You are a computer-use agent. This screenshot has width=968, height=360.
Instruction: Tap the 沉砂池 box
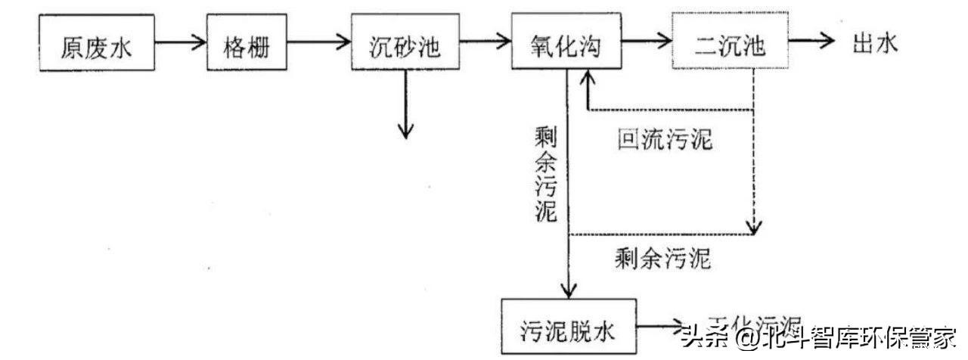click(406, 43)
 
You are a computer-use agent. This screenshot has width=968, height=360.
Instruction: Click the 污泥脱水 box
click(567, 329)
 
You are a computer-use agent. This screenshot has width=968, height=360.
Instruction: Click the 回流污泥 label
click(665, 141)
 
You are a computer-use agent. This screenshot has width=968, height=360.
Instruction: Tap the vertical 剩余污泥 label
click(544, 174)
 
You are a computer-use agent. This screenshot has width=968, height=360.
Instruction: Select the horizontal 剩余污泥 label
click(663, 260)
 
